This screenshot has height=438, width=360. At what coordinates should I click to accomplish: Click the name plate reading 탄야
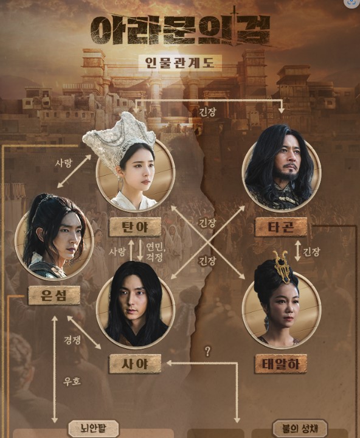[135, 227]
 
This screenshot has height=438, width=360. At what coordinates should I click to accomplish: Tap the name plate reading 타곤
[281, 227]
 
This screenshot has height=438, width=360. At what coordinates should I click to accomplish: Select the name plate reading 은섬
[54, 295]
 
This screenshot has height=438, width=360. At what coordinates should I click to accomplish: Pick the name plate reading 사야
[135, 364]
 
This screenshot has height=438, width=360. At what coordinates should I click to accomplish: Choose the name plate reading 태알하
[281, 364]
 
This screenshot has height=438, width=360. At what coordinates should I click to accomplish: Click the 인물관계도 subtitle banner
[180, 63]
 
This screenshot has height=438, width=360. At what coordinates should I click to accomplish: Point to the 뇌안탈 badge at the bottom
[94, 428]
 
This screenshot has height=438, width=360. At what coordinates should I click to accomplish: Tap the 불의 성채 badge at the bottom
[300, 428]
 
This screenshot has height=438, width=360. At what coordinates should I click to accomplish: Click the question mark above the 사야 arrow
[207, 352]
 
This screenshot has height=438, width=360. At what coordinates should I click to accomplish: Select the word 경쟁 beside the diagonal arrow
[72, 339]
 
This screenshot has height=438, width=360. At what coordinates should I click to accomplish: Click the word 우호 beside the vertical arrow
[72, 381]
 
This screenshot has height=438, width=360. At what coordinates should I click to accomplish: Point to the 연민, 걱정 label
[154, 252]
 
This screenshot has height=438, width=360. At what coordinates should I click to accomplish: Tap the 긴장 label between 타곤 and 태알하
[312, 252]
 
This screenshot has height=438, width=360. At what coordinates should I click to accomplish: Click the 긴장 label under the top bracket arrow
[207, 112]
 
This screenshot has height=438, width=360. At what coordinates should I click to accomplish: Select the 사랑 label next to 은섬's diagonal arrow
[63, 163]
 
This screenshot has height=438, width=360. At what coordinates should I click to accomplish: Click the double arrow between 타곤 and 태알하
[298, 251]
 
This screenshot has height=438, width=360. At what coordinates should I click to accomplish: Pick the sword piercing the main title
[234, 26]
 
